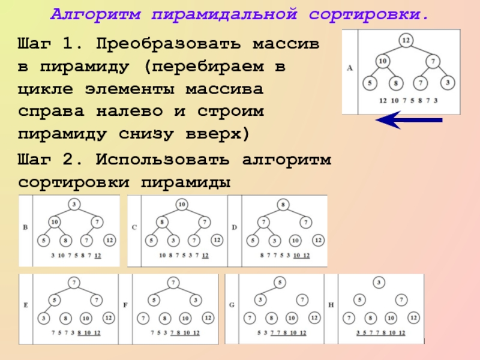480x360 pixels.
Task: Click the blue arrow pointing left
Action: [409, 121]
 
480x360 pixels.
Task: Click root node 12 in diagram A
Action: [406, 40]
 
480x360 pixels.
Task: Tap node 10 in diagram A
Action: [383, 61]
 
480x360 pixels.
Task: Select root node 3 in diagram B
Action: [74, 205]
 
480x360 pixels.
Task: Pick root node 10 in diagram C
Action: [181, 205]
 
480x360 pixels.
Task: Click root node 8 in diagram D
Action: [282, 205]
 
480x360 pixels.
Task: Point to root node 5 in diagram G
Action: [280, 282]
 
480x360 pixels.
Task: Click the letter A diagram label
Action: [350, 68]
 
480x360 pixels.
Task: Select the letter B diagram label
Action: [25, 228]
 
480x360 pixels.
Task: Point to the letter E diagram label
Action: [25, 305]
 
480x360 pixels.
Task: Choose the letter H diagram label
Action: [331, 305]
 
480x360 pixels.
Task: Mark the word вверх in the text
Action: [218, 132]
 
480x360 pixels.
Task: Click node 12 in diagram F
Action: [208, 317]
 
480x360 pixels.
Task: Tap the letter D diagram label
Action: [234, 228]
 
